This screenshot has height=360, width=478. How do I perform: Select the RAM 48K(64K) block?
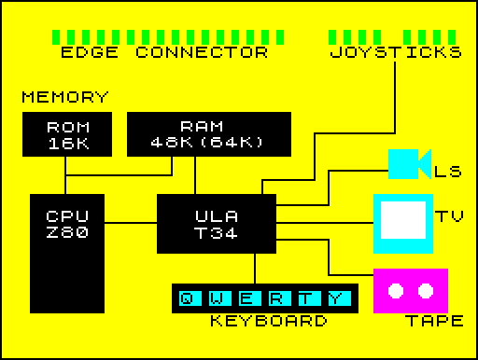click(x=207, y=134)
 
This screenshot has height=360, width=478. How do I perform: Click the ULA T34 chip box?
click(x=216, y=224)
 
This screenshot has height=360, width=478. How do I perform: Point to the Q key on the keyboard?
click(x=190, y=298)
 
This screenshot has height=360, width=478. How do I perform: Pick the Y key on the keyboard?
click(x=337, y=298)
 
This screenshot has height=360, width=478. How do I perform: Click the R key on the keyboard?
click(x=278, y=298)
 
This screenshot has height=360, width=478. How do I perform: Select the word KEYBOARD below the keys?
click(x=268, y=322)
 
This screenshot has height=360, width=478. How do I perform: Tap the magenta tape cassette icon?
click(x=411, y=291)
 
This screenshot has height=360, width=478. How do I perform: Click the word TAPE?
click(x=434, y=322)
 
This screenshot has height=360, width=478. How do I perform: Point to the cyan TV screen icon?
click(x=403, y=223)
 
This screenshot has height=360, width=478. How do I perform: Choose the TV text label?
click(x=449, y=216)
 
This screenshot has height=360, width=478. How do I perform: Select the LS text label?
click(x=448, y=172)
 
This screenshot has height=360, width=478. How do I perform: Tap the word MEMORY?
click(x=65, y=97)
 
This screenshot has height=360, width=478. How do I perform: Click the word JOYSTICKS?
click(x=396, y=52)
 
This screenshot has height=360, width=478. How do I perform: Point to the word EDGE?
click(x=89, y=52)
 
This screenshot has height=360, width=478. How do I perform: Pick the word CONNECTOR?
click(x=208, y=52)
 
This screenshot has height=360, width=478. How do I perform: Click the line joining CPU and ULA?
click(x=130, y=223)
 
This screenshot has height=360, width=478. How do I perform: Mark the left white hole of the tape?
click(x=396, y=290)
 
